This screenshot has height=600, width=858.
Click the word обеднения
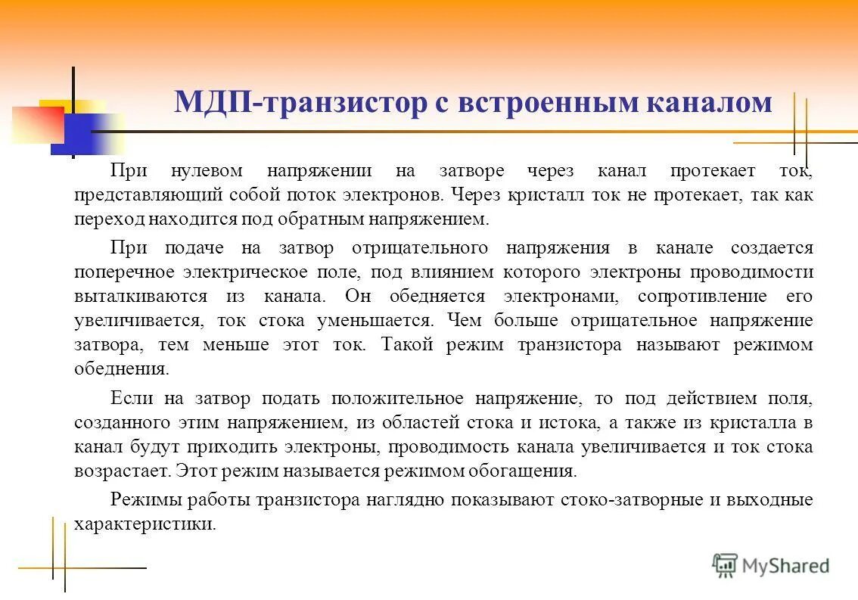coord(120,370)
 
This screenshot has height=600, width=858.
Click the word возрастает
coord(121,471)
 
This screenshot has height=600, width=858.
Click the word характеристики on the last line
coord(145,524)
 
